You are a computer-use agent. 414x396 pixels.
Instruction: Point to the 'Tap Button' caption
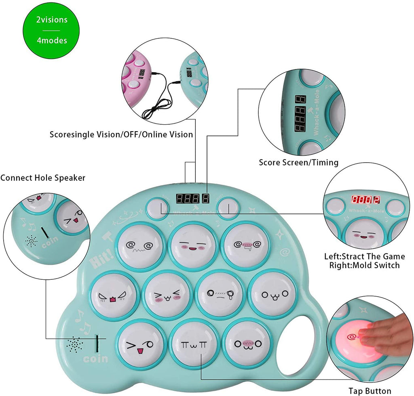[370, 391]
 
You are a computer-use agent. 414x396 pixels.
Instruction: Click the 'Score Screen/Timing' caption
[298, 162]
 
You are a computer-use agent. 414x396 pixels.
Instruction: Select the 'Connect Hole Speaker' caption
[43, 178]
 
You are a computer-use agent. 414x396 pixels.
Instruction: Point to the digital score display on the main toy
[192, 199]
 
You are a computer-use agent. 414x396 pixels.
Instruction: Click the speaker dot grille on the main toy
[75, 345]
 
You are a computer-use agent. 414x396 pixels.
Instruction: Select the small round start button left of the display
[156, 207]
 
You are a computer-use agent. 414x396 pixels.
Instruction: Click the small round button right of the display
[228, 207]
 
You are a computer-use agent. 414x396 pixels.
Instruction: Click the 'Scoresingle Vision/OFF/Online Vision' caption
[121, 134]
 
